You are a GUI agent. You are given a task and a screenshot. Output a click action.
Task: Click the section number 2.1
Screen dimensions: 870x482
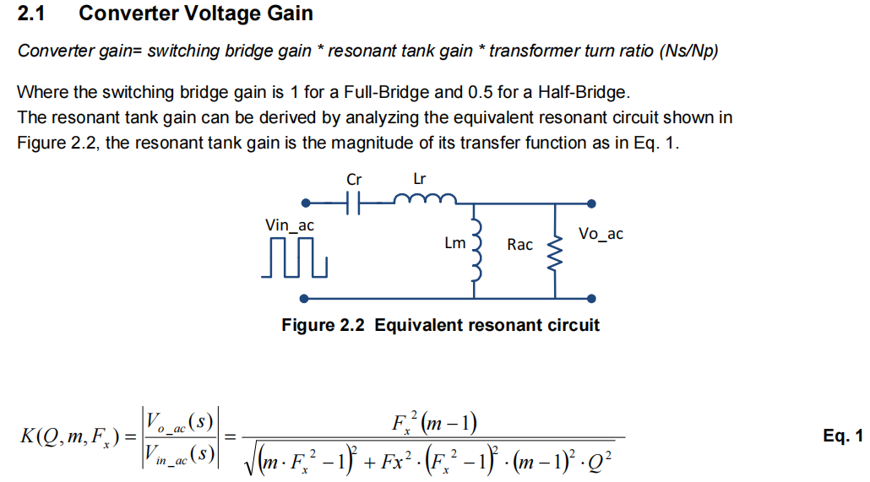pyautogui.click(x=31, y=14)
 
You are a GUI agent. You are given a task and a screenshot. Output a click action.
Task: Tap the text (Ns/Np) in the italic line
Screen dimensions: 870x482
pyautogui.click(x=688, y=51)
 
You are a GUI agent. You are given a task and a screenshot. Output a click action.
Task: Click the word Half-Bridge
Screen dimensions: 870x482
pyautogui.click(x=582, y=92)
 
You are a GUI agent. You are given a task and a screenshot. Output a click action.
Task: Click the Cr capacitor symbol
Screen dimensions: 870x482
pyautogui.click(x=353, y=203)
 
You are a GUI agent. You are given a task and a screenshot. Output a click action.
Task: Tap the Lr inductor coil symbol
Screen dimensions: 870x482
pyautogui.click(x=425, y=198)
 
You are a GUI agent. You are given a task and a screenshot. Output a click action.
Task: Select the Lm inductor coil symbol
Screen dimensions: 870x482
pyautogui.click(x=476, y=250)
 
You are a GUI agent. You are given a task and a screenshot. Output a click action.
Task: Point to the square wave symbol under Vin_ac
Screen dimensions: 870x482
pyautogui.click(x=294, y=257)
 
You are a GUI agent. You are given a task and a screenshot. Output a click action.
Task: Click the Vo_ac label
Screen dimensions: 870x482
pyautogui.click(x=601, y=234)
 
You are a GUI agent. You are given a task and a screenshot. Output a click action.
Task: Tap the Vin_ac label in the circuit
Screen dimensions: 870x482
pyautogui.click(x=289, y=225)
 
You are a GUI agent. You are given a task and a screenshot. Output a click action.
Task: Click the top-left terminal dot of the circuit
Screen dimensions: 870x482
pyautogui.click(x=305, y=203)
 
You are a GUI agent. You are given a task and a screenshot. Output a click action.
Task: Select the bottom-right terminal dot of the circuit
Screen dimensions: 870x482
pyautogui.click(x=591, y=299)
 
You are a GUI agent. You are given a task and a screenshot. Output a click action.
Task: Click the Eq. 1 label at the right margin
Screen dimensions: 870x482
pyautogui.click(x=843, y=436)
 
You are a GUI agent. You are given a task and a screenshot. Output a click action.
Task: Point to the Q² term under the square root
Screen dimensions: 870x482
pyautogui.click(x=599, y=460)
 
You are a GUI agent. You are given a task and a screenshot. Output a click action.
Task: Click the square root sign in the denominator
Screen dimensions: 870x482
pyautogui.click(x=251, y=460)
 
